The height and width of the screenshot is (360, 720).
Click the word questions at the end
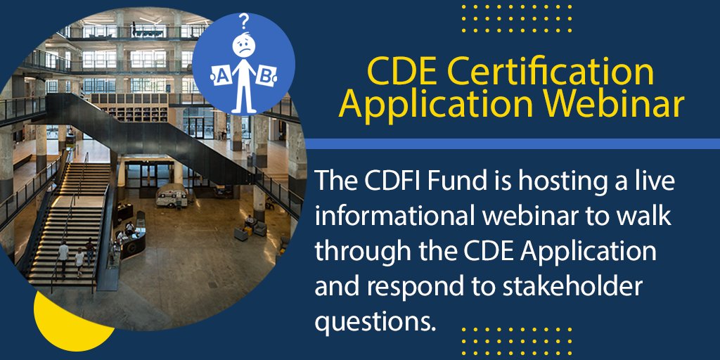pos(372,321)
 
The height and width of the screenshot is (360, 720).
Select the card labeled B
pos(265,75)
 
